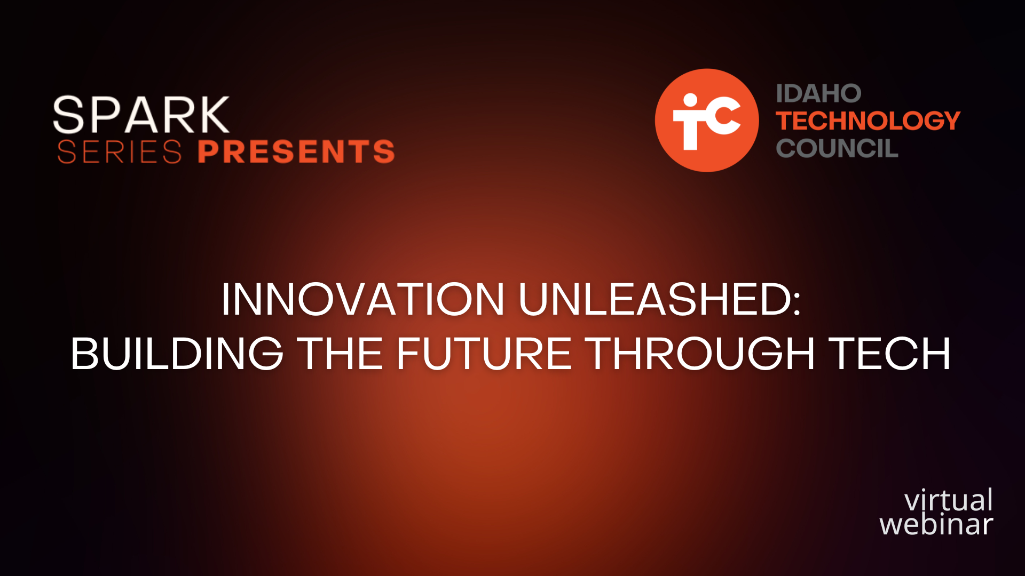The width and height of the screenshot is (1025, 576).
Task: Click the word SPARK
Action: (x=141, y=115)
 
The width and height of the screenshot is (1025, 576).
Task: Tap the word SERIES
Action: (x=120, y=152)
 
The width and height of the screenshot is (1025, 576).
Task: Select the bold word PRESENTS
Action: (x=296, y=151)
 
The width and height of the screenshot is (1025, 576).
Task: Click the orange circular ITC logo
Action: (x=707, y=120)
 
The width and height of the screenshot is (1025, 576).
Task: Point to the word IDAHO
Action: (x=818, y=94)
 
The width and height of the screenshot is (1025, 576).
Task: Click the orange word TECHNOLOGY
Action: (x=868, y=121)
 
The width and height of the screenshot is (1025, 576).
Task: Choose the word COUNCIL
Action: (x=837, y=148)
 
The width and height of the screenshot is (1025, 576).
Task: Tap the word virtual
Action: (x=949, y=500)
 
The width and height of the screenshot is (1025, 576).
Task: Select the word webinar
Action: (x=936, y=524)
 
